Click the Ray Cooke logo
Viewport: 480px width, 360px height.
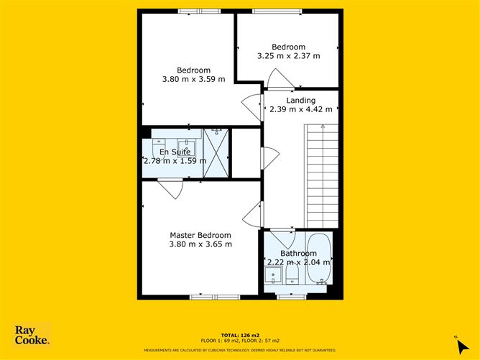[x=32, y=336]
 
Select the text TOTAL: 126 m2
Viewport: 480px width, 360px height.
[x=240, y=335]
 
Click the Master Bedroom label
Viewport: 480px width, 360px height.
[x=200, y=235]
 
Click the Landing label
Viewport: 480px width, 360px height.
[x=300, y=100]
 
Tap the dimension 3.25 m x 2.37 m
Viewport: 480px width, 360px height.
[x=287, y=56]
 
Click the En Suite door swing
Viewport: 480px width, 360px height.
[x=171, y=189]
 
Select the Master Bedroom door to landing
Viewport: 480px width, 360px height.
[x=251, y=214]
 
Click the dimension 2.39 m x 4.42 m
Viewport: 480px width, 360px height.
[x=300, y=110]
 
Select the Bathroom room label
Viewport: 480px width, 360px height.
[x=298, y=254]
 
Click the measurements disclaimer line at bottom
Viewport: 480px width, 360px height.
[x=240, y=350]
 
